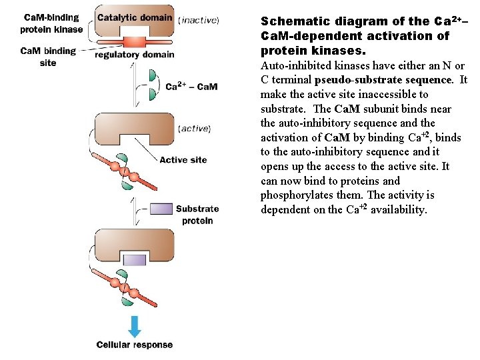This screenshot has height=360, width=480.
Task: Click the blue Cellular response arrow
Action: click(x=135, y=325)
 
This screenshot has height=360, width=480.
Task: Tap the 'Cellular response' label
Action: click(x=135, y=345)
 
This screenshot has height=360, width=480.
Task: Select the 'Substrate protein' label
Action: click(x=197, y=215)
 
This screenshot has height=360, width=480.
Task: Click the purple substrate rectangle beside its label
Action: click(x=161, y=209)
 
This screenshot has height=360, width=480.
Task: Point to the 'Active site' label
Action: click(x=183, y=160)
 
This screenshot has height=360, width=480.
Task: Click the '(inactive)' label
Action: click(x=199, y=20)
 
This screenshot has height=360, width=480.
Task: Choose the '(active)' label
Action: click(x=195, y=128)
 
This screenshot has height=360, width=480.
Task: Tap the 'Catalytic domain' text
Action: click(x=135, y=17)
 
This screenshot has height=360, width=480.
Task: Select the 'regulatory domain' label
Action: click(x=135, y=55)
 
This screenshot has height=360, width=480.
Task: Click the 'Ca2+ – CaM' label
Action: click(x=191, y=86)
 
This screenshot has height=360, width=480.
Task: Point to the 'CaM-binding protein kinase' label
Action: click(x=51, y=23)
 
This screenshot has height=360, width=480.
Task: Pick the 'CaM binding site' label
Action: click(x=48, y=57)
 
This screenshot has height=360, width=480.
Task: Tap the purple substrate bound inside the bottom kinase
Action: click(x=135, y=259)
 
